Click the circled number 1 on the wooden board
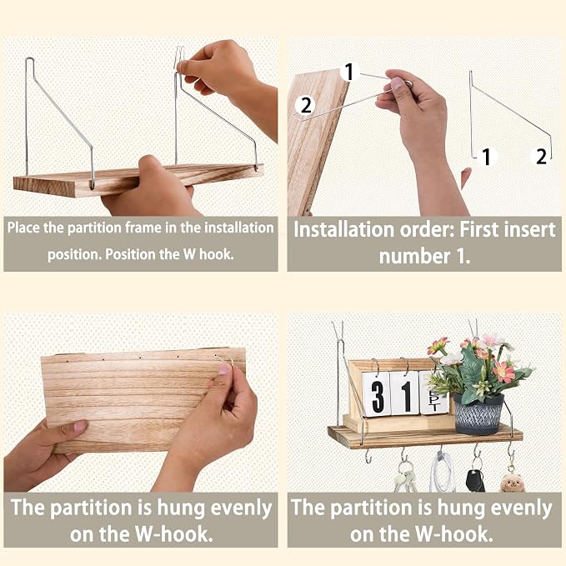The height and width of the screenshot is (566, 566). click(349, 72)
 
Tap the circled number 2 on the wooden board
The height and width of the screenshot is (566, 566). click(305, 105)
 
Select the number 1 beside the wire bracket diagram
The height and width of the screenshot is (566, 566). click(486, 157)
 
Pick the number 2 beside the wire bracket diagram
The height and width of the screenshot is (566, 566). click(541, 157)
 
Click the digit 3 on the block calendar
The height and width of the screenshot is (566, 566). click(378, 395)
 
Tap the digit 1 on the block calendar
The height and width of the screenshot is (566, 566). click(405, 396)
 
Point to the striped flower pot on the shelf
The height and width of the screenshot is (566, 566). click(478, 414)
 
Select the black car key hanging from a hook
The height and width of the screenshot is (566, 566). click(475, 480)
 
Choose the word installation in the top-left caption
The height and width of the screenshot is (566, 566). click(238, 228)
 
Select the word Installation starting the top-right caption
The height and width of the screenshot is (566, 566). click(343, 229)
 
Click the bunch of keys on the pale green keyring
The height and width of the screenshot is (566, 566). click(404, 479)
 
